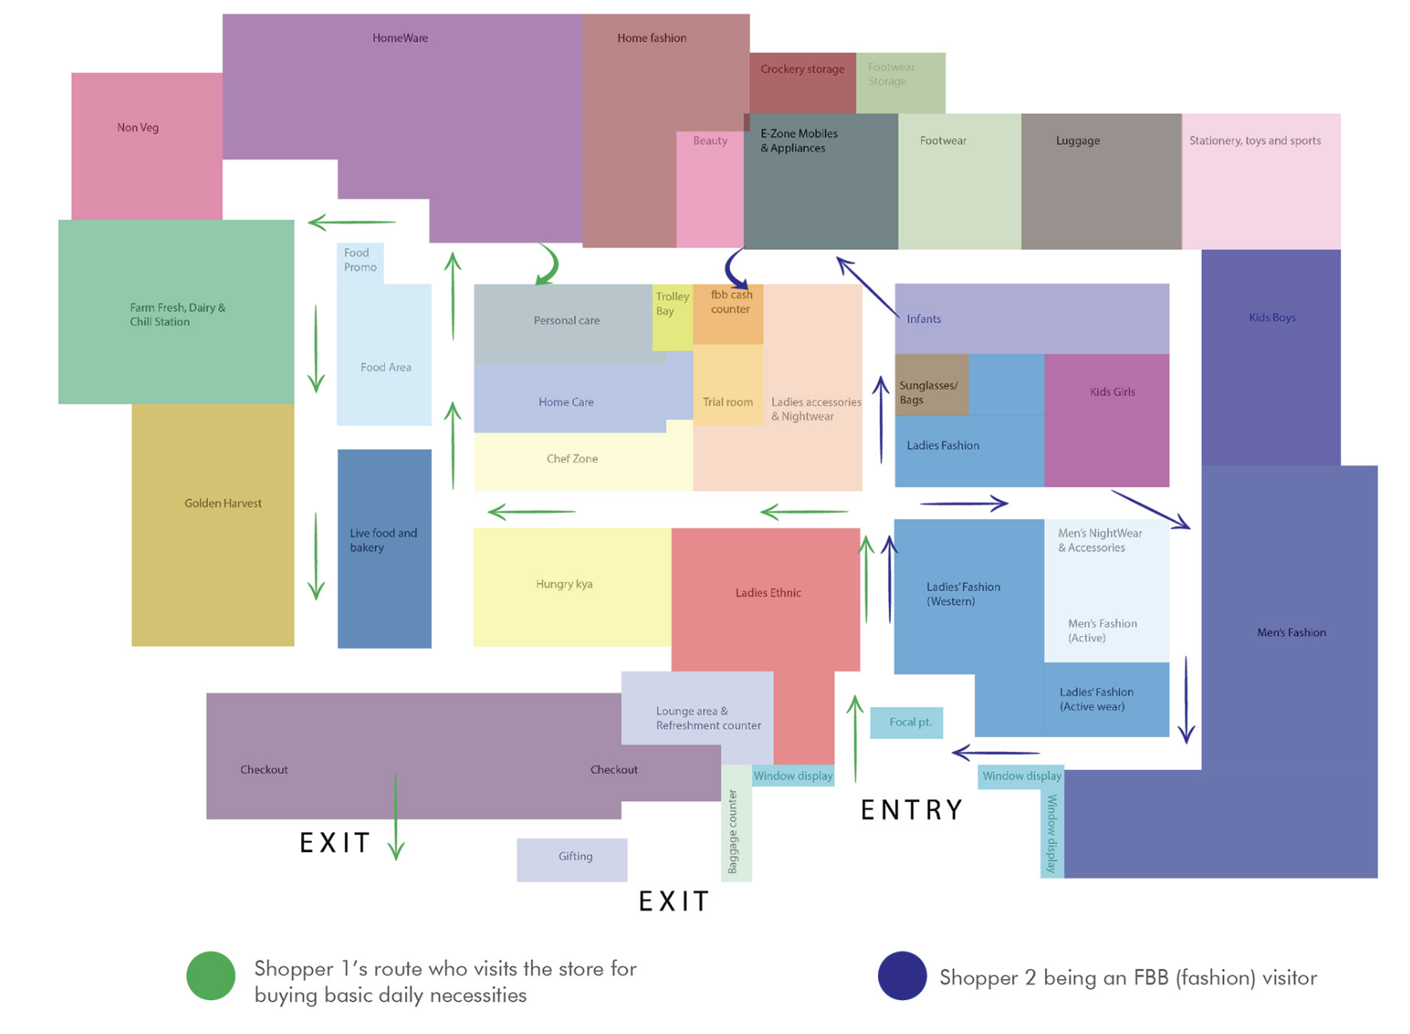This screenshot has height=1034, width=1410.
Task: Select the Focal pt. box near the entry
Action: pos(906,722)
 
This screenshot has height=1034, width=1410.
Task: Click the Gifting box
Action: pos(572,858)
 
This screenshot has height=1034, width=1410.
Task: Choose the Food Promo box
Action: pos(359,262)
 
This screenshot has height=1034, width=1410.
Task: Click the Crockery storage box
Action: pos(802,81)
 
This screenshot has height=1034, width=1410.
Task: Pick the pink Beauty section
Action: pos(709,189)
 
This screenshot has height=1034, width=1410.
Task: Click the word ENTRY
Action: pos(911,809)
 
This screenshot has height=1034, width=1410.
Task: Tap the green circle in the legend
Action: pos(210,976)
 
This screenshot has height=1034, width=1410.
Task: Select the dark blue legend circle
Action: pos(902,976)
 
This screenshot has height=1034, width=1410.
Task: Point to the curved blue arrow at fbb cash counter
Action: pos(736,268)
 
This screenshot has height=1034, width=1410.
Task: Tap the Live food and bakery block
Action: pos(384,548)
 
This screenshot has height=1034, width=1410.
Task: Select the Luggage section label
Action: pos(1077,141)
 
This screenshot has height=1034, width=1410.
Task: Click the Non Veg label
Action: pos(138,128)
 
